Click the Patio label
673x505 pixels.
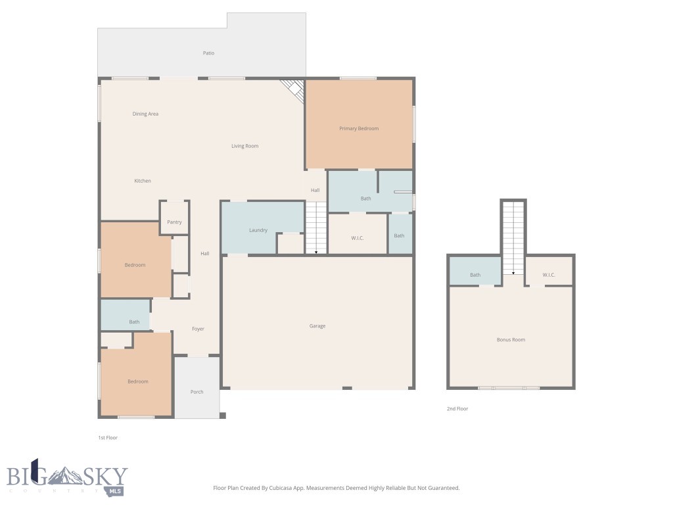[x=208, y=53]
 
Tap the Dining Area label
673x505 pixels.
[x=145, y=114]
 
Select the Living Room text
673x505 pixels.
[x=244, y=146]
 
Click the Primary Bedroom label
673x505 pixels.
[x=359, y=129]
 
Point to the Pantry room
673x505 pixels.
[x=174, y=222]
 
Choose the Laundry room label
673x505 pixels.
[x=258, y=230]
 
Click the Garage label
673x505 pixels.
[x=317, y=326]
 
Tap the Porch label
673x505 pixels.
[x=197, y=392]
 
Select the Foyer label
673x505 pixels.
[x=198, y=329]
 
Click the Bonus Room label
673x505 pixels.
[x=511, y=340]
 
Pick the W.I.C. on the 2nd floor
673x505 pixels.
[x=549, y=275]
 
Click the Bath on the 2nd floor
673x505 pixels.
[x=475, y=275]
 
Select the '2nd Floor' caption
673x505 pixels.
[x=457, y=409]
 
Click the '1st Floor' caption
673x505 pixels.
[x=108, y=437]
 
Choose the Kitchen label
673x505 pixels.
[x=143, y=181]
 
